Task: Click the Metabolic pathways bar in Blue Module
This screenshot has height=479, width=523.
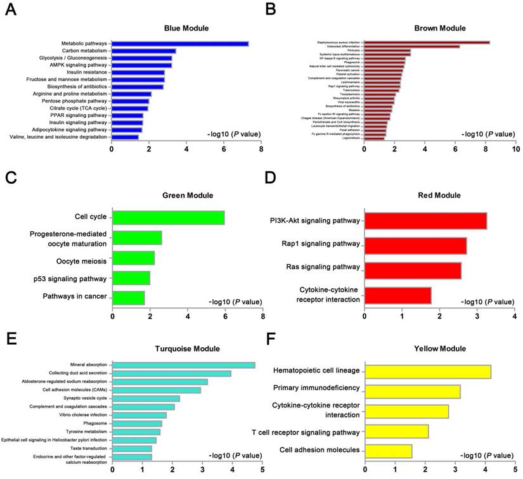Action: tap(180, 44)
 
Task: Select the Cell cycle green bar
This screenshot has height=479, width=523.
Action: tap(168, 217)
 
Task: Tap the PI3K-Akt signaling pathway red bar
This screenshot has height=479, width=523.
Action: tap(425, 221)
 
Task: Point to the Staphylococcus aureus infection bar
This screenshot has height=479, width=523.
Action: tap(427, 42)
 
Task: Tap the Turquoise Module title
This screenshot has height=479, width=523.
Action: tap(188, 348)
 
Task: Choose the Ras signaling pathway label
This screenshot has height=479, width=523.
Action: tap(320, 267)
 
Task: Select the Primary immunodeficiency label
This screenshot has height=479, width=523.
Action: tap(316, 388)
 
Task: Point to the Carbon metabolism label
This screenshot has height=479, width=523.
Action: tap(84, 51)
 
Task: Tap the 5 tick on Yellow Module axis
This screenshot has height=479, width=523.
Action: tap(515, 469)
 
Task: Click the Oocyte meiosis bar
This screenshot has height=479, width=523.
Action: tap(133, 258)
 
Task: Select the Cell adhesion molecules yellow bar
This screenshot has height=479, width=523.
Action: tap(388, 451)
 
